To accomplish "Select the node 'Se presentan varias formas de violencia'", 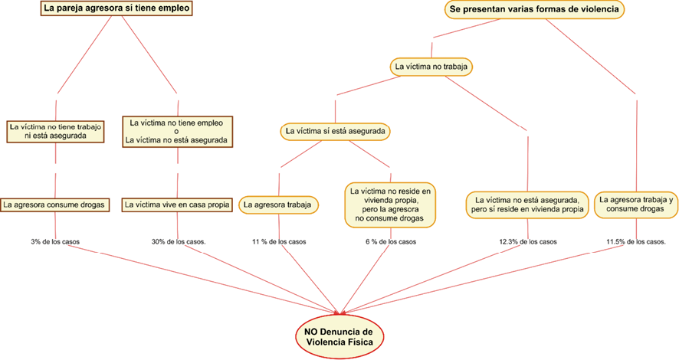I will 534,10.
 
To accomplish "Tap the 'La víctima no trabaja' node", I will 431,67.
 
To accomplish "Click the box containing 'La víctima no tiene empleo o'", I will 177,131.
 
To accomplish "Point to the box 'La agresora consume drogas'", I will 55,205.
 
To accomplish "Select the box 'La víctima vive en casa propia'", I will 177,205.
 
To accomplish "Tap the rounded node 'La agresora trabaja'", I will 279,205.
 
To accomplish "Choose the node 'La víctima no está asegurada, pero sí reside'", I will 527,204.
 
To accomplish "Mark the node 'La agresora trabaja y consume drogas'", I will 636,204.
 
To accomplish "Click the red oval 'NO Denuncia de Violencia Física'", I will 338,336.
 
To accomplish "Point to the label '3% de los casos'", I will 55,242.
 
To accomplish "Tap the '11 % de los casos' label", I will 279,242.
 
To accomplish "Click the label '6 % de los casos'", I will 390,242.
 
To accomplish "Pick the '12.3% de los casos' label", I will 527,242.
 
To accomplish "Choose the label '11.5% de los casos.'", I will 636,242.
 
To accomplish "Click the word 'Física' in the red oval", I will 359,342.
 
